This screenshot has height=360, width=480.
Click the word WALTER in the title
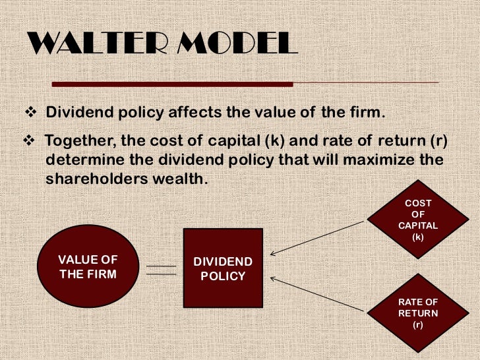click(x=89, y=45)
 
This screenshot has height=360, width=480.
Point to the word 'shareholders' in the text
click(x=100, y=180)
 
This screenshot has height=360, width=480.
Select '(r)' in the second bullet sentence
click(x=419, y=142)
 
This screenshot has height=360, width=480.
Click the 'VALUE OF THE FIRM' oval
click(x=88, y=266)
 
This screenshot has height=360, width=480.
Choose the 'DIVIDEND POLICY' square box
click(x=223, y=268)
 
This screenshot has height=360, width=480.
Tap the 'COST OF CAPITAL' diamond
click(x=418, y=220)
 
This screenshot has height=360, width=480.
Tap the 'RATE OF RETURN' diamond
click(x=418, y=313)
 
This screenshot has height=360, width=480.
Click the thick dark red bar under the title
click(x=171, y=84)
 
